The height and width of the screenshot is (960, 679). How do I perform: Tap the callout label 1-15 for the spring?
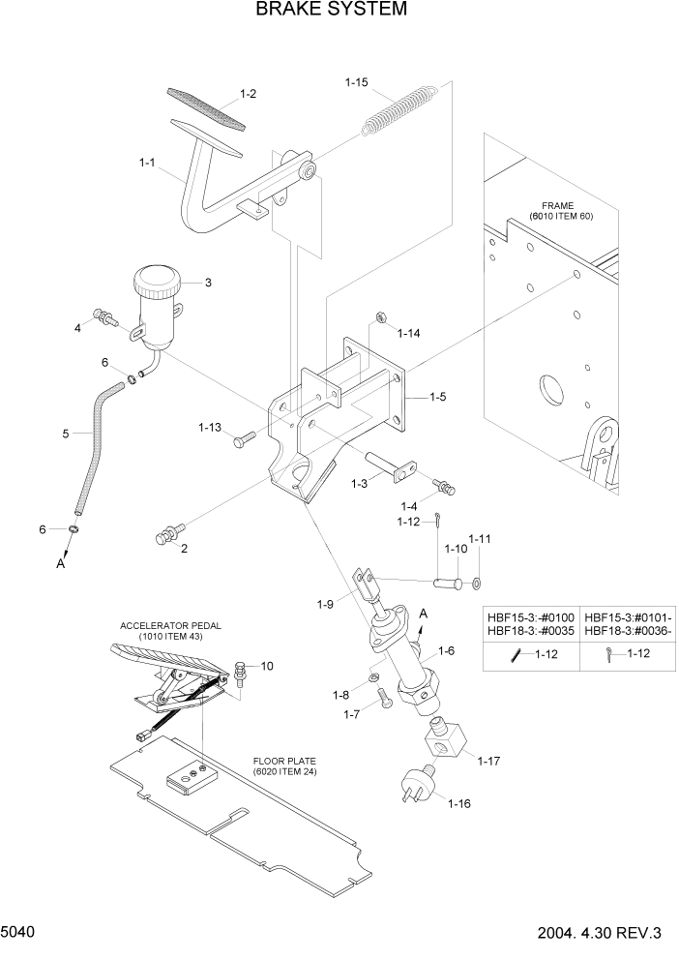coord(357,82)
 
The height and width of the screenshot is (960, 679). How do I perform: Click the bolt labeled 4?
coord(103,315)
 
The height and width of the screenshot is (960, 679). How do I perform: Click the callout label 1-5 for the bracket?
coord(437,396)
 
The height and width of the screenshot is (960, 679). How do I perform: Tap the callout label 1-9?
coord(326,605)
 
